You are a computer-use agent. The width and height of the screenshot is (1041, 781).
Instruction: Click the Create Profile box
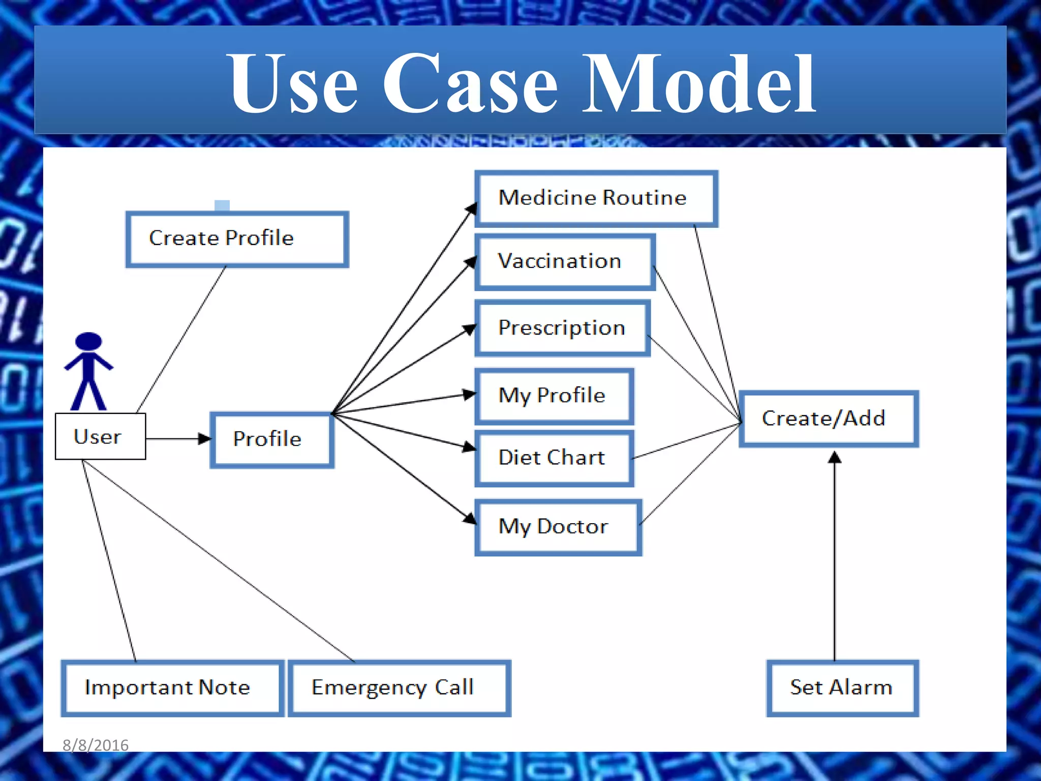237,239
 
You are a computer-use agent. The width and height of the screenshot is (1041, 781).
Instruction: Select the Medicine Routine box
596,198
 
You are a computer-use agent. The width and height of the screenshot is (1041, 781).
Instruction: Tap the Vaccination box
565,262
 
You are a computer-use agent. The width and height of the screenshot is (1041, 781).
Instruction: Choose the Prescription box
562,328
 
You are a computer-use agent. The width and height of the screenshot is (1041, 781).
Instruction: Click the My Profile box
554,396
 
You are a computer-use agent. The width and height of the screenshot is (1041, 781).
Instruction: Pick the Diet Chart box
554,458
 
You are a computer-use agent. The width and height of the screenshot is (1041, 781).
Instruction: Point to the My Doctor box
558,527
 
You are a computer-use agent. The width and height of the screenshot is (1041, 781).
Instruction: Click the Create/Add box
828,418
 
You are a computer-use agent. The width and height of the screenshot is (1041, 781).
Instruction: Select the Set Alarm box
842,688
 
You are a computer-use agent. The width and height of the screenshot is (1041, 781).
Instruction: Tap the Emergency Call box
399,688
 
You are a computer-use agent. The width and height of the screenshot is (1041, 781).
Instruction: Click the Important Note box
172,688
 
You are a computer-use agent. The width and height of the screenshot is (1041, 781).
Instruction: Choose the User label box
100,436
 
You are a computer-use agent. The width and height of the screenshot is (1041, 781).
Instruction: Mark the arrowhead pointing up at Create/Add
834,457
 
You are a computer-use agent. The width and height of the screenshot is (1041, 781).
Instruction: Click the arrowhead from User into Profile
204,438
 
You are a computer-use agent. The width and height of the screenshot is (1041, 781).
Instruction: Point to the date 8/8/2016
96,745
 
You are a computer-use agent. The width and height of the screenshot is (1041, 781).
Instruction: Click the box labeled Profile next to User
272,440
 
